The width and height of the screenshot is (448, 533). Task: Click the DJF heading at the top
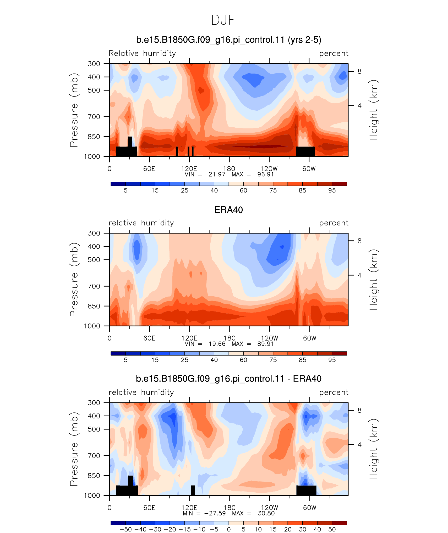[x=223, y=20]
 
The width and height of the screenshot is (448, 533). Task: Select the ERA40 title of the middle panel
[x=228, y=210]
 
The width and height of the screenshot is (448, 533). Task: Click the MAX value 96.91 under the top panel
[x=265, y=174]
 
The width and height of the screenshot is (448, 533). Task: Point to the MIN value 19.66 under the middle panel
[x=217, y=344]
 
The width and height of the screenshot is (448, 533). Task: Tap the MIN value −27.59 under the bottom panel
[x=215, y=513]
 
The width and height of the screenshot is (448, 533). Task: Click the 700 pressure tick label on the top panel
[x=94, y=117]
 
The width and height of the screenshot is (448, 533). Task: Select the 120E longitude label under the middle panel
[x=189, y=338]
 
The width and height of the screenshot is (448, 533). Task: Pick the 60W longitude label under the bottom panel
[x=310, y=508]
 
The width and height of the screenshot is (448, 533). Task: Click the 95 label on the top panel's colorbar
[x=332, y=190]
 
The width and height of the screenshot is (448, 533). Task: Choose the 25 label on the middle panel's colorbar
[x=184, y=360]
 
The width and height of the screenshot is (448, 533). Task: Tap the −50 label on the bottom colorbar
[x=125, y=529]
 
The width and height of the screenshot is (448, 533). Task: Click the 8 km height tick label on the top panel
[x=359, y=71]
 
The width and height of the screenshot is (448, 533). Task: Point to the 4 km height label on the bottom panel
[x=359, y=445]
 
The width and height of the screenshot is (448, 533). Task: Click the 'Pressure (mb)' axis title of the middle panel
[x=74, y=280]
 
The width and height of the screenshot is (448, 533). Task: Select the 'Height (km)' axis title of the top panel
[x=374, y=110]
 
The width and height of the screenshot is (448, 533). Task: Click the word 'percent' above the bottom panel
[x=334, y=392]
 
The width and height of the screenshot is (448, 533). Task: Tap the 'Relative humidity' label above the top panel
[x=142, y=53]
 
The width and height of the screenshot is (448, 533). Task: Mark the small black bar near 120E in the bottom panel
[x=193, y=490]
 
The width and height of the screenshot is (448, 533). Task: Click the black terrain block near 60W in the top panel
[x=305, y=151]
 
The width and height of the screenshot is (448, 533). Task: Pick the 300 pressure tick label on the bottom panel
[x=94, y=402]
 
